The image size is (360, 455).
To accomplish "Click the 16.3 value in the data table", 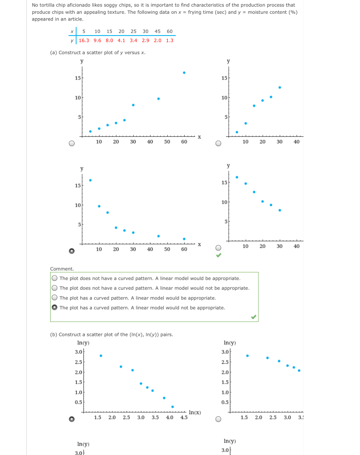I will point(84,40).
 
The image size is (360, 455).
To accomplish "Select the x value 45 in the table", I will point(158,32).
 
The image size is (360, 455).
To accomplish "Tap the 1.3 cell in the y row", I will point(170,40).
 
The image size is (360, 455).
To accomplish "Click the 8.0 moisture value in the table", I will point(109,40).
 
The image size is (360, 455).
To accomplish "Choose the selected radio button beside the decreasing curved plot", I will point(71,251).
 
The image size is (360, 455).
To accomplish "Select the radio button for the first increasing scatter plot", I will point(71,144).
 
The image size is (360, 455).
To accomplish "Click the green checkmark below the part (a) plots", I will point(218,255).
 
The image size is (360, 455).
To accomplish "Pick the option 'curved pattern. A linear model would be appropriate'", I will point(54,298).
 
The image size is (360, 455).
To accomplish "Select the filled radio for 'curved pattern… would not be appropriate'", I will point(54,307).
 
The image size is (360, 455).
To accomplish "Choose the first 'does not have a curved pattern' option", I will point(54,278).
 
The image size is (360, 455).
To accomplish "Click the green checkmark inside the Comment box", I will point(253,317).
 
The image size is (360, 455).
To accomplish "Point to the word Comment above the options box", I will point(62,269).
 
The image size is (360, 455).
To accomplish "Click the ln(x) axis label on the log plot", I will point(195,413).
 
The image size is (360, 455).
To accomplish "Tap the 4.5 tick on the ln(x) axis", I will point(184,418).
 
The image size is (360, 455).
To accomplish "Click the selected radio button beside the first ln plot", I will point(71,419).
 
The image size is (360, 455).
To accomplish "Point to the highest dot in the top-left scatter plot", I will point(184,72).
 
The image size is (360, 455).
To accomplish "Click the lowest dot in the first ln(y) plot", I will point(173,407).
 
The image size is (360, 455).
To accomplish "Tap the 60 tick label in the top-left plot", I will point(184,142).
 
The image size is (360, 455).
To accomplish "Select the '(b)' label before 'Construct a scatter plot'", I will point(53,335).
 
